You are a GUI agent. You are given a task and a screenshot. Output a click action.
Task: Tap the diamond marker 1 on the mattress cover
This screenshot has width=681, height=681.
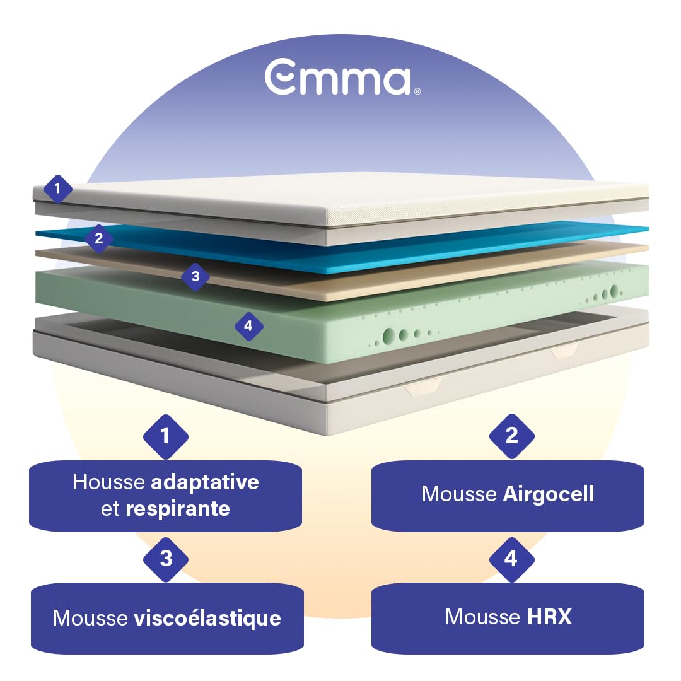(57, 189)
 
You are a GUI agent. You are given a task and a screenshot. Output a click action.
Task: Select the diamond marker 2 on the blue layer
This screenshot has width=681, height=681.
(99, 238)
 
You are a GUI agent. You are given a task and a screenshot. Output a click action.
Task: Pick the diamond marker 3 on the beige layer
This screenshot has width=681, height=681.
(195, 276)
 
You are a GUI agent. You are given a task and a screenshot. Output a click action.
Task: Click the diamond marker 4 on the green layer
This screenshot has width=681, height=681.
(248, 326)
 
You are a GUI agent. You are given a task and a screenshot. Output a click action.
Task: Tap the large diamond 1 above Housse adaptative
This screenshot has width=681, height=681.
(165, 436)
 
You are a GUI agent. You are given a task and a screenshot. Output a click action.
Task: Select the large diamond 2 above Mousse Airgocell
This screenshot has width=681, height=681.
(511, 436)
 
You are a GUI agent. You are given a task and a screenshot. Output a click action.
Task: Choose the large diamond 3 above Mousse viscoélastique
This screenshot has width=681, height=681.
(165, 559)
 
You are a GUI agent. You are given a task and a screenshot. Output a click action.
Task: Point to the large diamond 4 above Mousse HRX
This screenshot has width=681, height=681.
(511, 559)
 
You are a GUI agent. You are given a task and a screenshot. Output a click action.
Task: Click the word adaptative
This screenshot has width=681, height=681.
(204, 483)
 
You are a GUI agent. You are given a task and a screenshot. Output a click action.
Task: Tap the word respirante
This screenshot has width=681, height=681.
(178, 509)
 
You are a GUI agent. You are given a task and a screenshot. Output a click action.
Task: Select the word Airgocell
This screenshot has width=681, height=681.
(549, 494)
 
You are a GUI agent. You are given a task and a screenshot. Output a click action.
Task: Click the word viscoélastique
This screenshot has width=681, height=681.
(207, 618)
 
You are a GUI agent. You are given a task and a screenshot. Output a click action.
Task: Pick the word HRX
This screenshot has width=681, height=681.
(549, 617)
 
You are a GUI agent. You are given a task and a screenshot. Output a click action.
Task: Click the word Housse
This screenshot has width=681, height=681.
(109, 482)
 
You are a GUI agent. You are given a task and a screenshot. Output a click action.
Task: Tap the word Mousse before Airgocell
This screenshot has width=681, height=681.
(459, 494)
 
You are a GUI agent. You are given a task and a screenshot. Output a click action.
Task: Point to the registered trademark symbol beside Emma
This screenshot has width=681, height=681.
(417, 91)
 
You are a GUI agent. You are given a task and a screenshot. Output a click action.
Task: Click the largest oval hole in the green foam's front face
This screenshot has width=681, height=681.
(389, 335)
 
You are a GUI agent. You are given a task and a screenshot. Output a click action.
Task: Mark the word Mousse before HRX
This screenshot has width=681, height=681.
(482, 617)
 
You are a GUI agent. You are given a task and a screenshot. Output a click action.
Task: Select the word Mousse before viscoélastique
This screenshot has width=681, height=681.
(90, 618)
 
